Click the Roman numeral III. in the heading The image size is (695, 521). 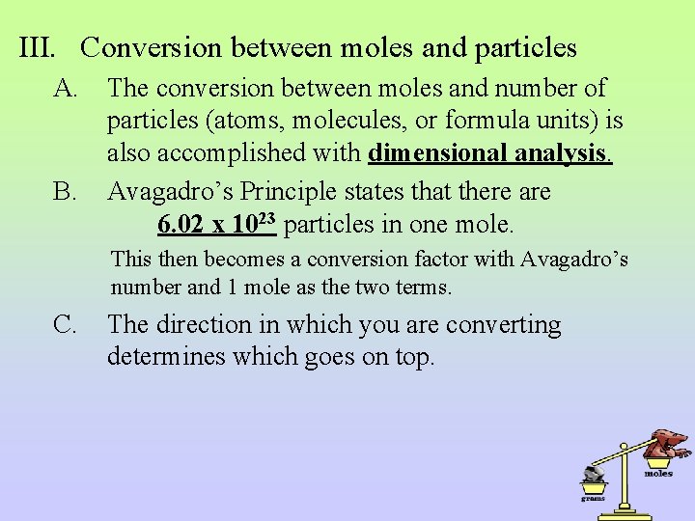pos(42,47)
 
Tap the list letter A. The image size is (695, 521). pos(67,89)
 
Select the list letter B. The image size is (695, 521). pos(66,192)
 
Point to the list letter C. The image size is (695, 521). pos(66,326)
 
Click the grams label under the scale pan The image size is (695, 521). pos(592,499)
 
